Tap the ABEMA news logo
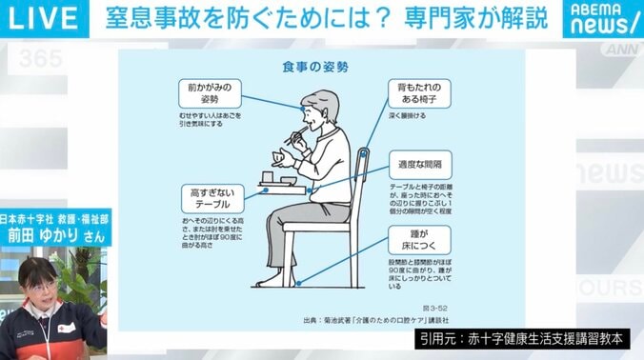point(602,17)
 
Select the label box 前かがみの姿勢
point(208,94)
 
